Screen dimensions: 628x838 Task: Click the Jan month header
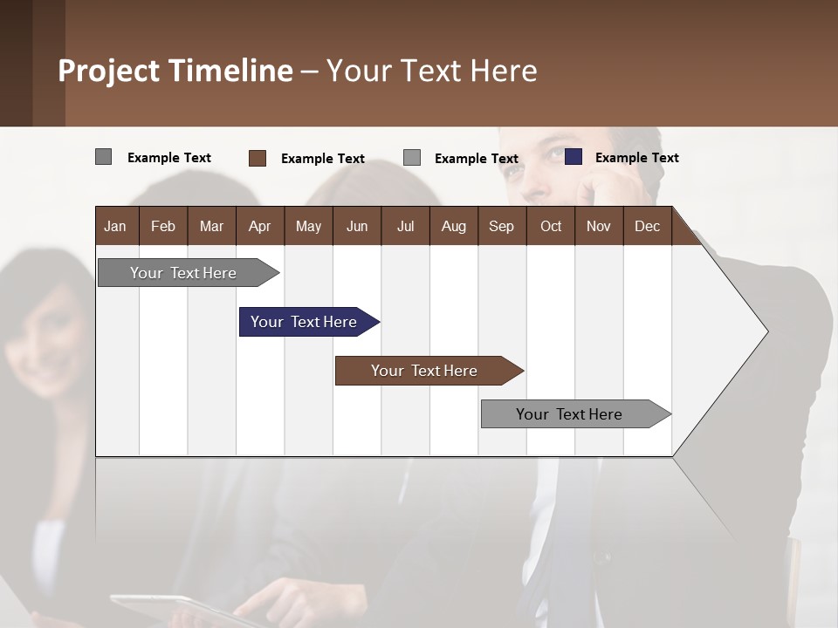(115, 226)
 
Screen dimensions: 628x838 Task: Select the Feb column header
(163, 226)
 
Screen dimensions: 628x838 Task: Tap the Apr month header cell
(259, 226)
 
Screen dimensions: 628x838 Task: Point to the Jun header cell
(357, 226)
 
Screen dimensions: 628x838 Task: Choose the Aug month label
(453, 226)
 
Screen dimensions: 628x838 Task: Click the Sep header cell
(501, 226)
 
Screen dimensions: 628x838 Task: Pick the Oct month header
(551, 226)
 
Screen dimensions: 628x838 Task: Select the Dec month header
(647, 226)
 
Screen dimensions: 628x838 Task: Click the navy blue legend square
(574, 157)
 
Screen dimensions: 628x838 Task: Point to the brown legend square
(258, 158)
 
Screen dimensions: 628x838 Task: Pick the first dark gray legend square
(104, 157)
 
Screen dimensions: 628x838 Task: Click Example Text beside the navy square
(636, 158)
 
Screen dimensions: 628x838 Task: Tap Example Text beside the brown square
(322, 159)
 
